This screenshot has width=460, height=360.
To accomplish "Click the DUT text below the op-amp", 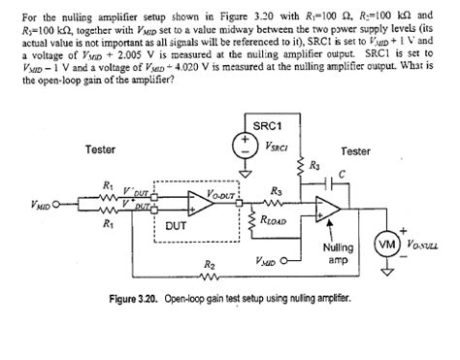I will point(177,225).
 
